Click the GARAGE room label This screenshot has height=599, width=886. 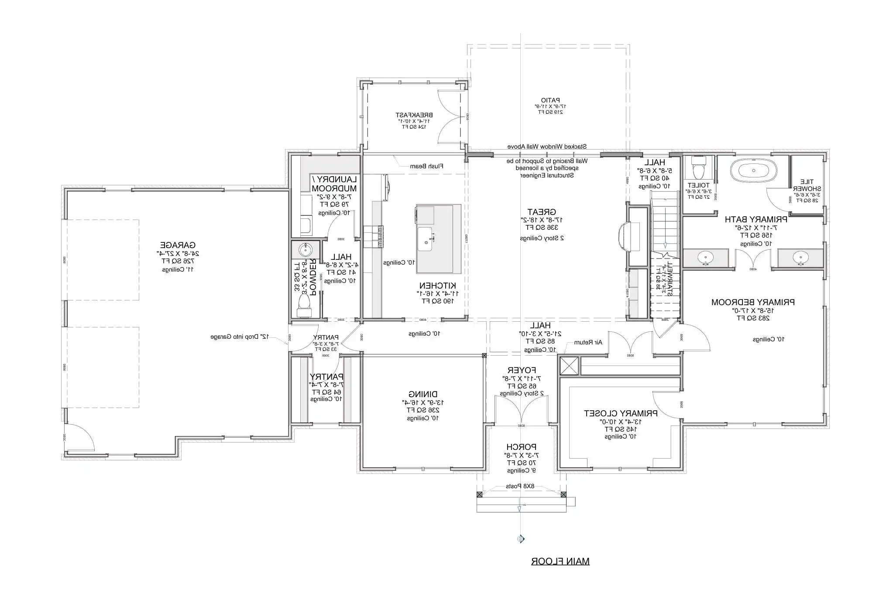[178, 245]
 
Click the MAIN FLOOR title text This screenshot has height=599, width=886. [560, 562]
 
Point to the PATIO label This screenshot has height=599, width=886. [550, 100]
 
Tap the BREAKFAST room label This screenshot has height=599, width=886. [413, 115]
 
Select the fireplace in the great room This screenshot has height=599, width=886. [624, 237]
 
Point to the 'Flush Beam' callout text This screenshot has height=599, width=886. [426, 166]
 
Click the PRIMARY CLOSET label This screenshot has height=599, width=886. [621, 413]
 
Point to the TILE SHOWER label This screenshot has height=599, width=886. [806, 185]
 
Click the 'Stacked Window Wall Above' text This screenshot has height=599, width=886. [547, 146]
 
